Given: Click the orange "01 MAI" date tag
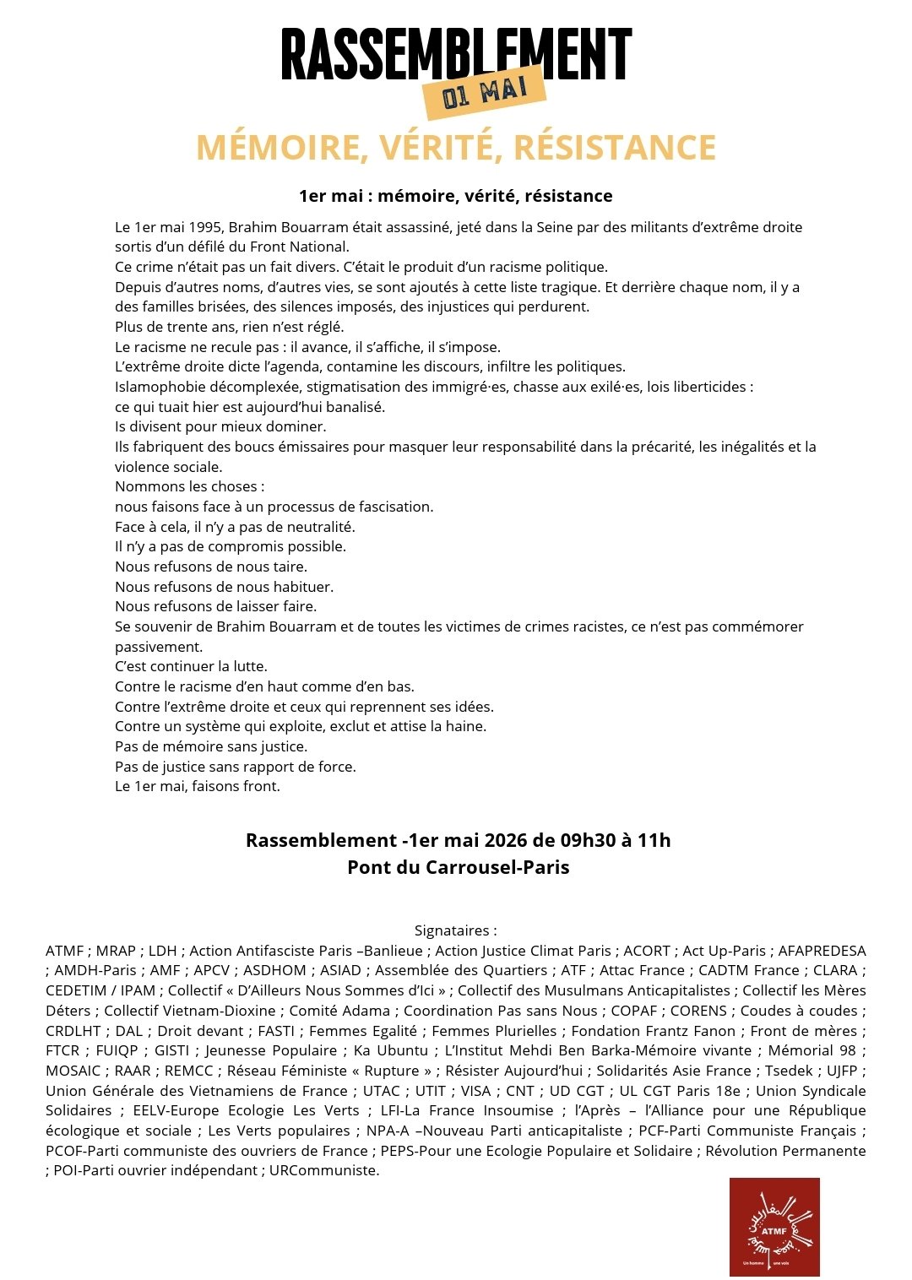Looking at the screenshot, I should pos(484,91).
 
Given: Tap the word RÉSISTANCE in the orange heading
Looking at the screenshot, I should pos(615,148).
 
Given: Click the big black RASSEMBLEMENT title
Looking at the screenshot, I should pos(456,52).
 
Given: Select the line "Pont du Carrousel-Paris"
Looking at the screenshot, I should pos(458,867).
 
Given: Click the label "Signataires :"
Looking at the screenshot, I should pos(455,930).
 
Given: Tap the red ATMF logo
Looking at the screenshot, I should pos(774,1226).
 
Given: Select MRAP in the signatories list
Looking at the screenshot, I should pos(116,951).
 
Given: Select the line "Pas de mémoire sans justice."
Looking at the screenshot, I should pos(211,746).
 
